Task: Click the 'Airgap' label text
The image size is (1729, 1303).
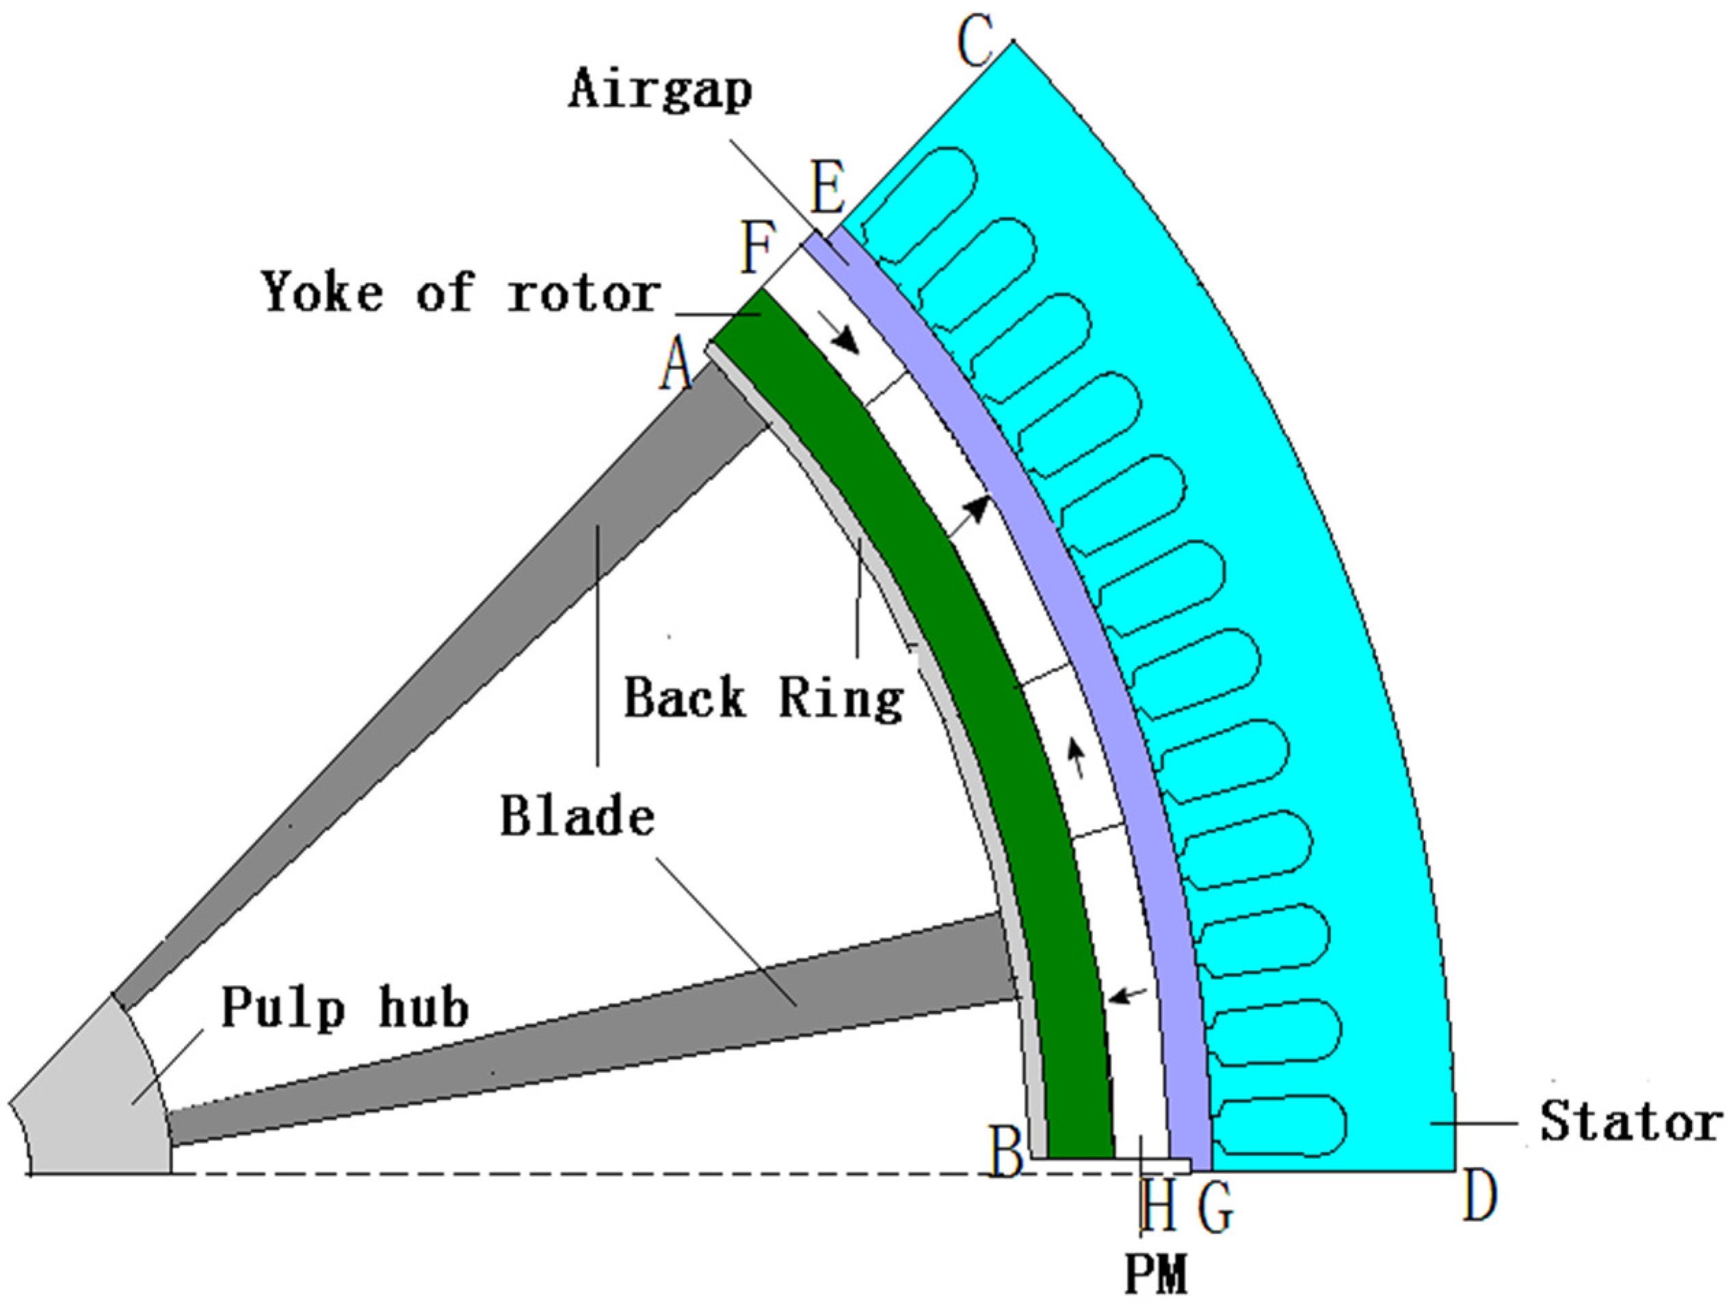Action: [x=661, y=90]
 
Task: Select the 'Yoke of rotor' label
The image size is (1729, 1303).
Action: [x=461, y=293]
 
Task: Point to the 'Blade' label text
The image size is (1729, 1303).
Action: [x=577, y=817]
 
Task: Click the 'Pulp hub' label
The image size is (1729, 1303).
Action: [x=345, y=1008]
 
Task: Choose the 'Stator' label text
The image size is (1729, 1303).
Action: [x=1630, y=1123]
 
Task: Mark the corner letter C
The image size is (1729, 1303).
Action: [x=976, y=45]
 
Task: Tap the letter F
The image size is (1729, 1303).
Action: [x=756, y=248]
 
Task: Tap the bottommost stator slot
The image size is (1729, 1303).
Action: [x=1282, y=1125]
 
